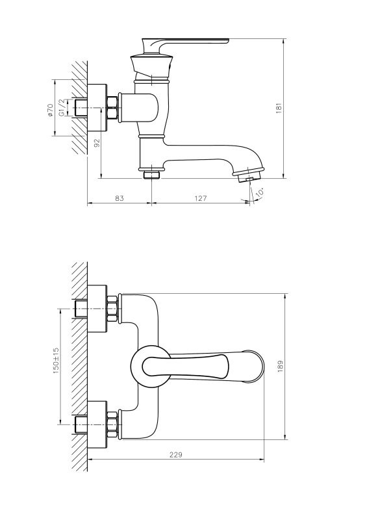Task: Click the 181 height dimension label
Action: click(x=279, y=109)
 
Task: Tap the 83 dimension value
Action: click(x=120, y=198)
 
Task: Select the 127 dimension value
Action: click(x=201, y=198)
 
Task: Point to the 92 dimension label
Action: click(x=97, y=143)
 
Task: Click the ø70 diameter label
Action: click(x=50, y=110)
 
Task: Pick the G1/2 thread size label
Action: click(x=62, y=107)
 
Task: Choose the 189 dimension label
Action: click(x=281, y=366)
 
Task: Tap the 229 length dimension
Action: click(x=176, y=454)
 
